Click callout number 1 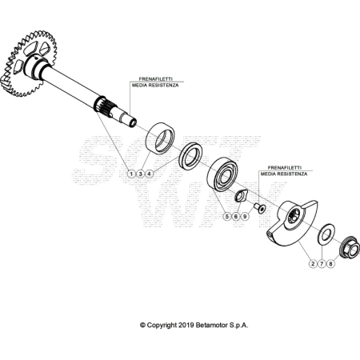pyautogui.click(x=131, y=174)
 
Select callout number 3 pyautogui.click(x=140, y=174)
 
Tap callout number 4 pyautogui.click(x=150, y=174)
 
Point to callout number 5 pyautogui.click(x=227, y=216)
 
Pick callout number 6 pyautogui.click(x=236, y=216)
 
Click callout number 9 pyautogui.click(x=245, y=216)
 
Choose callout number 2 pyautogui.click(x=313, y=264)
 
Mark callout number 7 pyautogui.click(x=322, y=264)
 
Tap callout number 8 pyautogui.click(x=330, y=264)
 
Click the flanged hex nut pyautogui.click(x=349, y=247)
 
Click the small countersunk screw pyautogui.click(x=260, y=208)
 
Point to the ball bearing pyautogui.click(x=222, y=174)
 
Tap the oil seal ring pyautogui.click(x=190, y=156)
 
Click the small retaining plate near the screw pyautogui.click(x=242, y=196)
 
